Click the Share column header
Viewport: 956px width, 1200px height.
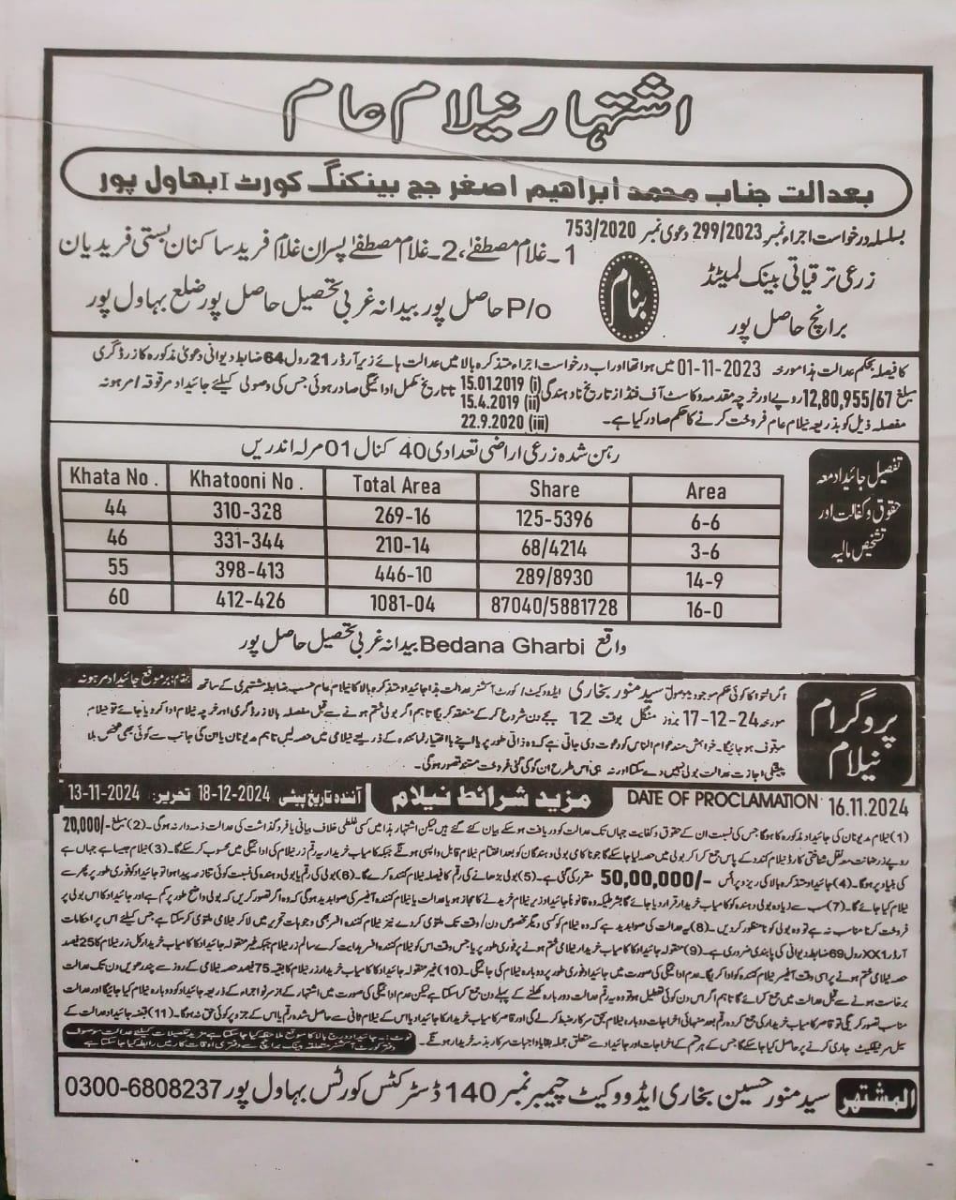pyautogui.click(x=554, y=488)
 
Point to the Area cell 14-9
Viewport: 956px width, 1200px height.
pyautogui.click(x=706, y=580)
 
